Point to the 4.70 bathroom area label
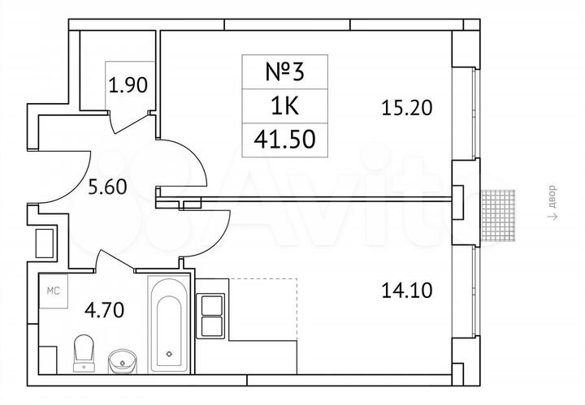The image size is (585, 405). pos(104,309)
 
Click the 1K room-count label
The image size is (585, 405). pos(285,105)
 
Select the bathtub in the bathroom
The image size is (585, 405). pos(169,325)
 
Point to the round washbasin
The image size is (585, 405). pos(122,358)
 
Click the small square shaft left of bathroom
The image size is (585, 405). pos(43,242)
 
